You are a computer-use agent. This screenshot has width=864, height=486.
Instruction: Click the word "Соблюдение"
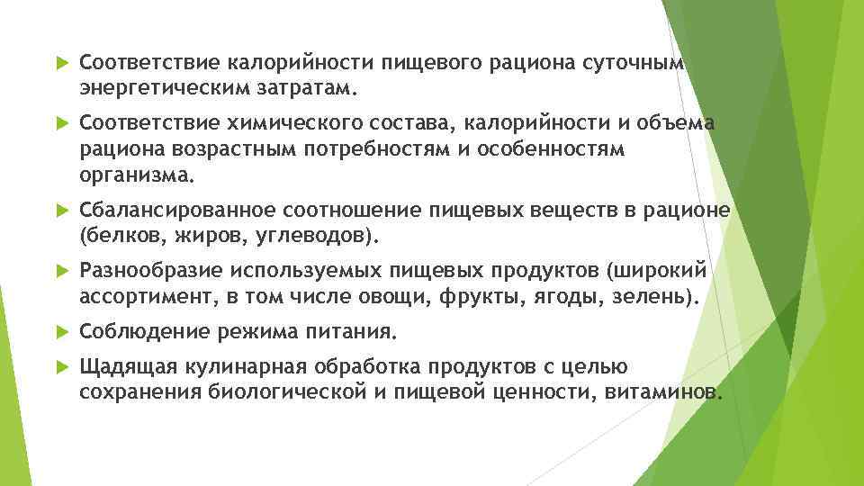click(x=142, y=332)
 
